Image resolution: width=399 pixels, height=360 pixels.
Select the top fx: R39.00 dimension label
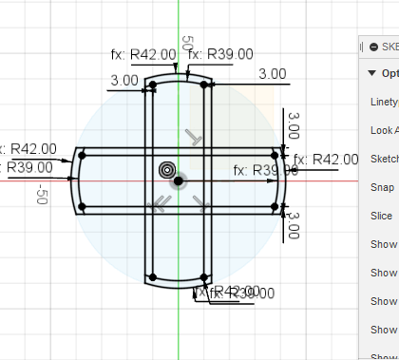pos(220,54)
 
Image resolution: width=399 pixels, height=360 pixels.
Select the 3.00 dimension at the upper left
pos(123,81)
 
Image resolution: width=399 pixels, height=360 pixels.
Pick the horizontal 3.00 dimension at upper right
pos(273,73)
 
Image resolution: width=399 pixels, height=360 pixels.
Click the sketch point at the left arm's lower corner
pos(83,205)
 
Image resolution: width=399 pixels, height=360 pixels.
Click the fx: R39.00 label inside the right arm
pos(265,171)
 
